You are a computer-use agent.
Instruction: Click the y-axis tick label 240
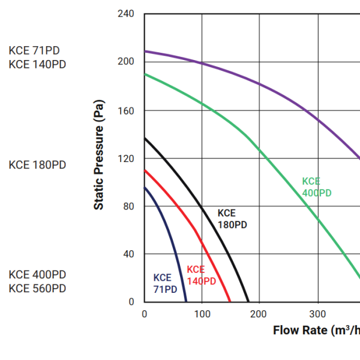point(127,14)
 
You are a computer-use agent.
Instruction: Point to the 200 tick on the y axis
point(127,62)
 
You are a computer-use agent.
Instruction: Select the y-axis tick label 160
point(127,110)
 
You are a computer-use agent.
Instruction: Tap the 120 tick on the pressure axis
point(127,158)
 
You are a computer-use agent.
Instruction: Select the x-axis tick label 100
point(202,314)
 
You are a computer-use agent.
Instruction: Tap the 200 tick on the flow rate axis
point(260,314)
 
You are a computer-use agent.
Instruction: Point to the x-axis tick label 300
point(317,314)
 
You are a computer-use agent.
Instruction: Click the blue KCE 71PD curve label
point(165,283)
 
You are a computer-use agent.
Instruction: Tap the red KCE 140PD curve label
point(201,275)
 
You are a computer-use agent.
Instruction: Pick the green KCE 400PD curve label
point(316,187)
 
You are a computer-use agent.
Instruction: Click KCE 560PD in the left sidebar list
point(37,289)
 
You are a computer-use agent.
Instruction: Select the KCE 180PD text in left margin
point(37,164)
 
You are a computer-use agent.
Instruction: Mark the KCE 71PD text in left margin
point(34,50)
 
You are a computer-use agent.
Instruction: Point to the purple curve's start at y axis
point(145,51)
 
